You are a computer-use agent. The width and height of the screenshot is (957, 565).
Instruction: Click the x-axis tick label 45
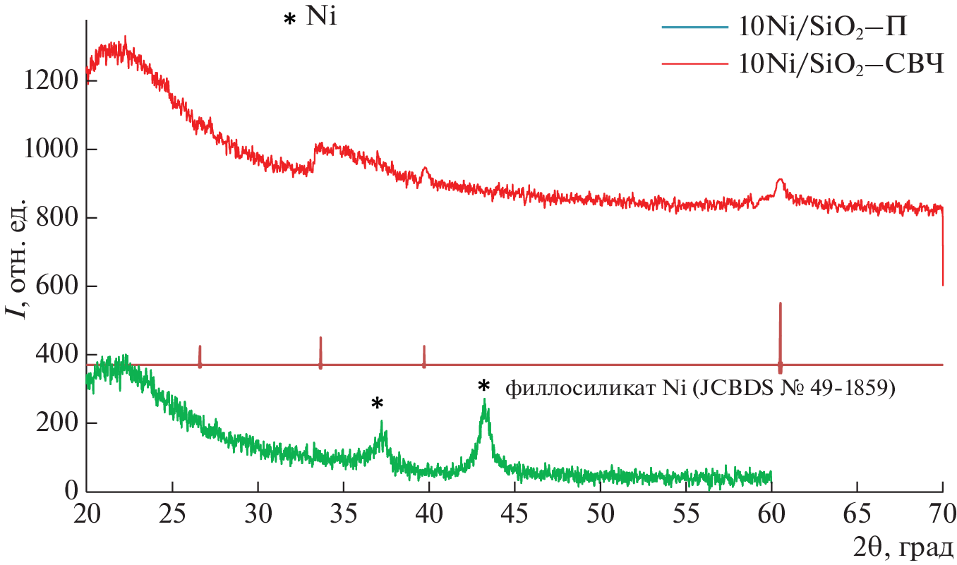click(x=514, y=510)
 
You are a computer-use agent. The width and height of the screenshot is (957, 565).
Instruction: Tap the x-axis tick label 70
click(x=942, y=510)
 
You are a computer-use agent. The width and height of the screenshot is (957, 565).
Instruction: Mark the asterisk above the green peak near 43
click(x=483, y=387)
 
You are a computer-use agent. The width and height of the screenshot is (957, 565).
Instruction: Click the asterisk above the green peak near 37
click(x=378, y=404)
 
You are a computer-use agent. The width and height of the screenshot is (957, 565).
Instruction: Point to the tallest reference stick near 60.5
click(x=780, y=332)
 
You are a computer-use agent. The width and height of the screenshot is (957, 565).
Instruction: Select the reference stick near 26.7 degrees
click(x=200, y=356)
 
